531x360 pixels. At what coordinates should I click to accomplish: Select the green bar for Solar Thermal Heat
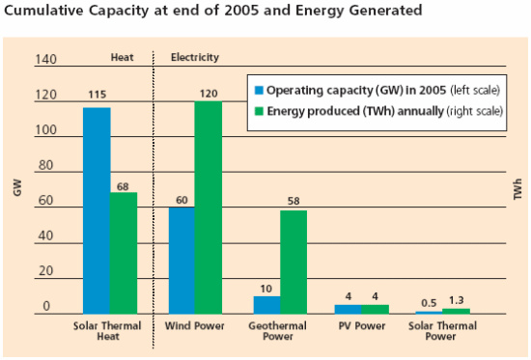pos(123,253)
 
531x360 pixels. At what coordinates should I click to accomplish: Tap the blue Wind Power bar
pos(181,260)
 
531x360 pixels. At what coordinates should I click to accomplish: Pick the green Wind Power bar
pos(208,208)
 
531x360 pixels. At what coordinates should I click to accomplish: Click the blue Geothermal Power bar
pos(266,304)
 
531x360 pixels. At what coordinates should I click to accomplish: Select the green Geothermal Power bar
pos(293,262)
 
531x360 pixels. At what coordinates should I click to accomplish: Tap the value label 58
pos(293,201)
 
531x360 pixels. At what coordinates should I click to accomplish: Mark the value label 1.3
pos(456,299)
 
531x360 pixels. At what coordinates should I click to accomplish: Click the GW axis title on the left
pos(16,190)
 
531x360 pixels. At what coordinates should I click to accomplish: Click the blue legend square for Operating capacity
pos(258,90)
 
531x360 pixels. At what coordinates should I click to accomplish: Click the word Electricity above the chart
pos(194,57)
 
